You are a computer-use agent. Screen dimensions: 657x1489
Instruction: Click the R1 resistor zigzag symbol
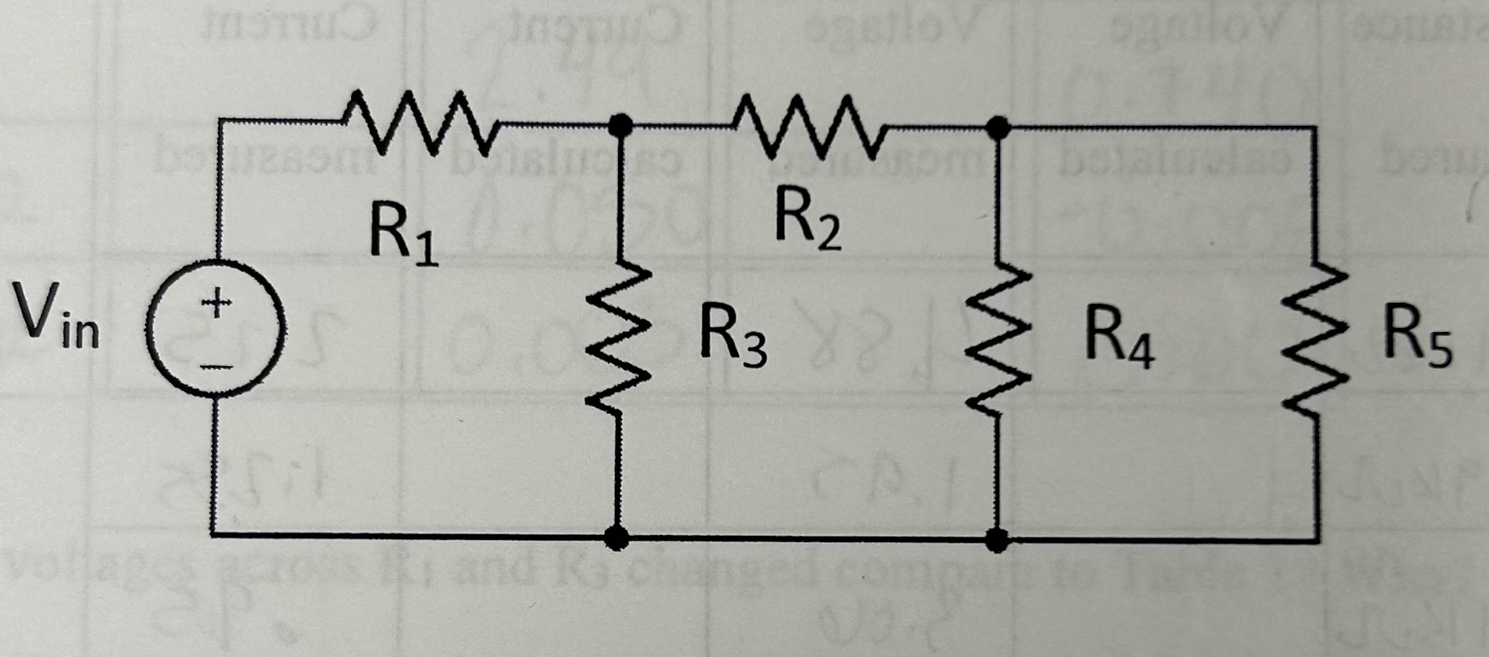tap(419, 122)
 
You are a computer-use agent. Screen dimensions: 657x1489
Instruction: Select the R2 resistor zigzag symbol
tap(809, 124)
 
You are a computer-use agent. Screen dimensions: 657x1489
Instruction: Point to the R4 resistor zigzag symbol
tap(998, 341)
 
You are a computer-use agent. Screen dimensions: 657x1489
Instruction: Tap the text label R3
tap(733, 341)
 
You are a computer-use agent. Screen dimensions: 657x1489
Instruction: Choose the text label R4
tap(1118, 340)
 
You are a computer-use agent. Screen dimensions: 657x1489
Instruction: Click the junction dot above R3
tap(621, 124)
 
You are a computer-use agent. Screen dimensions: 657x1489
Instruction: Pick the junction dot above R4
tap(998, 126)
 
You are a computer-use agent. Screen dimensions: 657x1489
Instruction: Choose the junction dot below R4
tap(998, 540)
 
